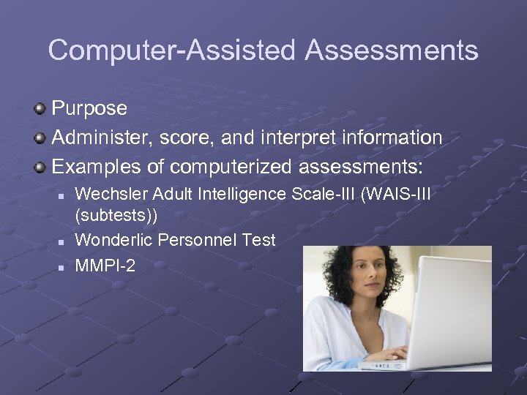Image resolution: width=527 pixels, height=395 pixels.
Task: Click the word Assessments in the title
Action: [x=392, y=50]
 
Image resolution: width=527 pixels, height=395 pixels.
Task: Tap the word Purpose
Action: [x=89, y=109]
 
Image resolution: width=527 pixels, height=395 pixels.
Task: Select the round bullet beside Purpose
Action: [x=40, y=109]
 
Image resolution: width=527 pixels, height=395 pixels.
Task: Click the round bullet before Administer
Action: [x=40, y=138]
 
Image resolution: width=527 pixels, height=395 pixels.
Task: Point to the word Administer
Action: [x=100, y=138]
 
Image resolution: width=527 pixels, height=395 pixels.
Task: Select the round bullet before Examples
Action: [x=40, y=166]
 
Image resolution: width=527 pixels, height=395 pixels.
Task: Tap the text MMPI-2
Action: [x=105, y=266]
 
